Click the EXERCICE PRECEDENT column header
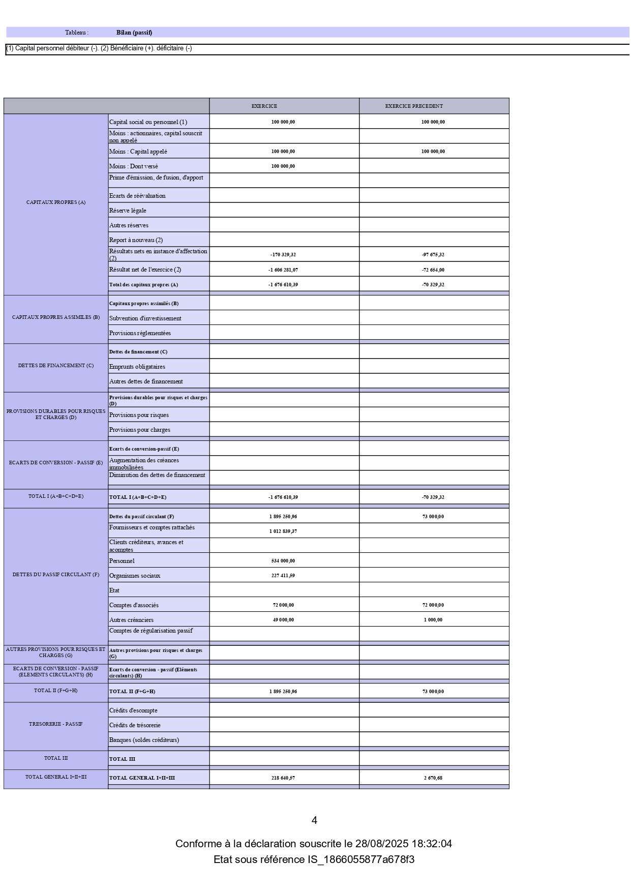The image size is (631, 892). point(414,106)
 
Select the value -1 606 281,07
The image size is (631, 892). point(283,270)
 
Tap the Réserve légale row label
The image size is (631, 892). point(128,211)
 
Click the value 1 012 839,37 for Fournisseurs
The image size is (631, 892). point(283,531)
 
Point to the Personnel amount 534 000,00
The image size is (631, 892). point(283,561)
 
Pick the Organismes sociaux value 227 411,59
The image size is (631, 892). point(283,576)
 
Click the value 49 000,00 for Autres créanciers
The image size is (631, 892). point(283,620)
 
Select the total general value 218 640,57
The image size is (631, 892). point(283,778)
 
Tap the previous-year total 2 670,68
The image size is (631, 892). point(433,778)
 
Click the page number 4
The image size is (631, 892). point(314,820)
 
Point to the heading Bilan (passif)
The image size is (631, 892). point(134,33)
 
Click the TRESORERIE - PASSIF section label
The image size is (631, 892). point(56,724)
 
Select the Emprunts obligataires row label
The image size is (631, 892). point(137,367)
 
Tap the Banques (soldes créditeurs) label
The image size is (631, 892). point(144,740)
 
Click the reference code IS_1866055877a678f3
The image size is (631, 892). point(360,859)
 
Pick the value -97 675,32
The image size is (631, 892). point(433,255)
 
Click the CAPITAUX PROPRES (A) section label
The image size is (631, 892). point(56,202)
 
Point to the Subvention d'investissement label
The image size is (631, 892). point(145,318)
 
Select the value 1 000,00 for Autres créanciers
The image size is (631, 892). point(433,620)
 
